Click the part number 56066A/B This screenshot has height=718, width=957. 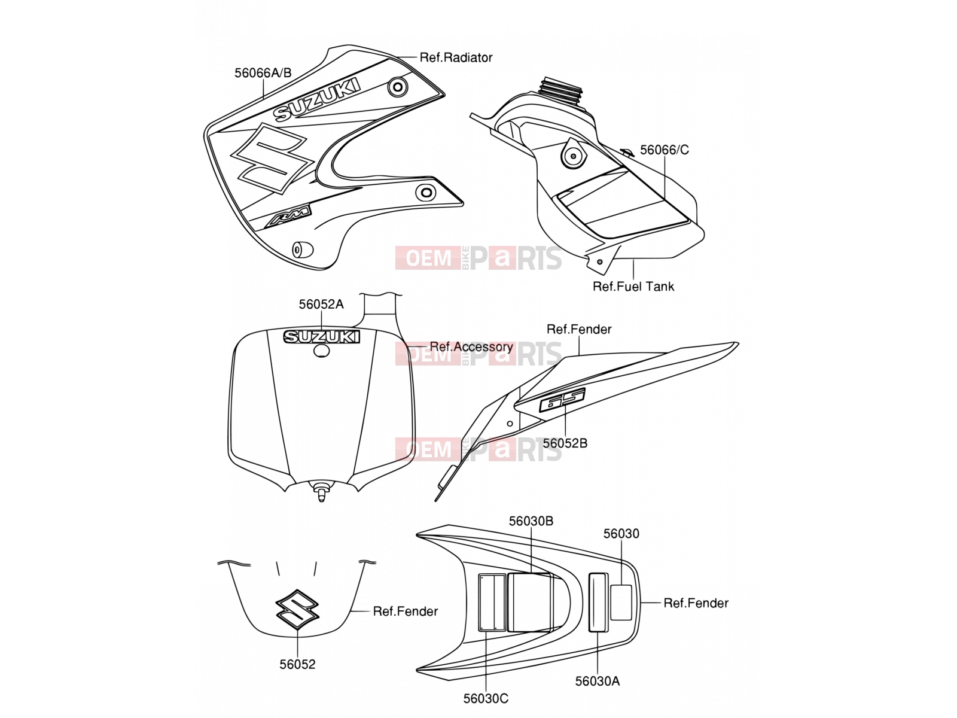263,73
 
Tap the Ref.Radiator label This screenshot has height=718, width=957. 456,57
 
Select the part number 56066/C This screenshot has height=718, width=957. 664,150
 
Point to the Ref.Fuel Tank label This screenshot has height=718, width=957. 633,287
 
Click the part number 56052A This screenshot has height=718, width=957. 321,305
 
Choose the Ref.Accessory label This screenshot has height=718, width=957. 471,346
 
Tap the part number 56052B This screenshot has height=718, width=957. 565,443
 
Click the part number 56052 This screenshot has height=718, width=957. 297,664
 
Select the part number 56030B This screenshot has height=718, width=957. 531,521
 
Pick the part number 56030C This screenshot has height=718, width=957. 486,698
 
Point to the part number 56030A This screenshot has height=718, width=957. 598,681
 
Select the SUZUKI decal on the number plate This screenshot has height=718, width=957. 321,336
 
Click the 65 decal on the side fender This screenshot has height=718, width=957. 562,399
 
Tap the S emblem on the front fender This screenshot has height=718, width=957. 297,610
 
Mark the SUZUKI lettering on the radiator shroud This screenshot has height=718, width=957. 317,99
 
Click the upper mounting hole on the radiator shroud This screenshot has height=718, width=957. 398,87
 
